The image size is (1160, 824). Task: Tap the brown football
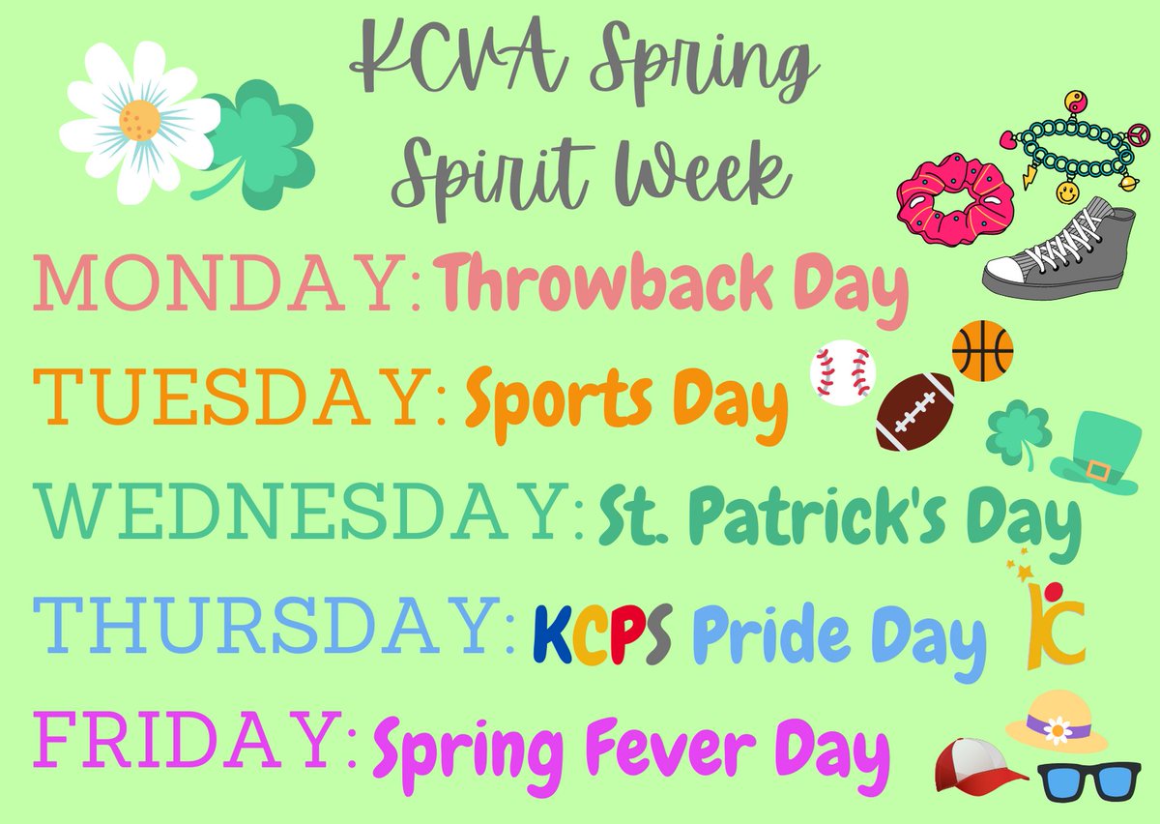[915, 412]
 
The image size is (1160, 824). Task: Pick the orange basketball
[982, 349]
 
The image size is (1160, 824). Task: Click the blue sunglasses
[1088, 784]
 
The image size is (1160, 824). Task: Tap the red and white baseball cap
[979, 765]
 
